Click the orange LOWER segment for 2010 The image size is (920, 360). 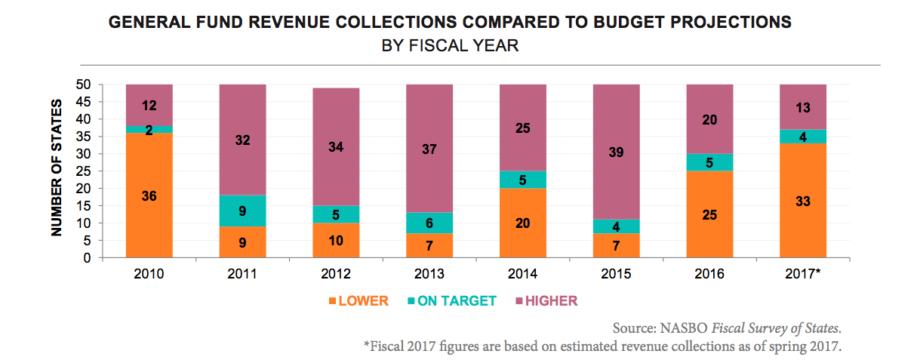pyautogui.click(x=149, y=195)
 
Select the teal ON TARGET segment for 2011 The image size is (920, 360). pyautogui.click(x=243, y=211)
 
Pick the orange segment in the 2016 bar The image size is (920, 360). pyautogui.click(x=709, y=214)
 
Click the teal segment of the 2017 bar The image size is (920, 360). pyautogui.click(x=803, y=136)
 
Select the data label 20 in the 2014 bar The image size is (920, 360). pyautogui.click(x=523, y=223)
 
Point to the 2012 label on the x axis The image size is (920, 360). pyautogui.click(x=336, y=272)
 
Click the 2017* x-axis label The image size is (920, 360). pyautogui.click(x=803, y=272)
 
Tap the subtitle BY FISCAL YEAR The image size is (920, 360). pyautogui.click(x=450, y=45)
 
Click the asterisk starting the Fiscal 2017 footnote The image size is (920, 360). pyautogui.click(x=367, y=346)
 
